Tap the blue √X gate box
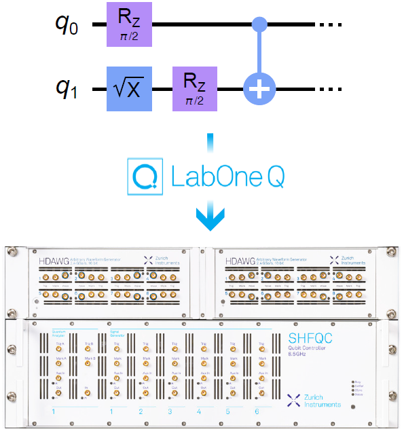(x=128, y=89)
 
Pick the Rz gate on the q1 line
(x=195, y=89)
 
